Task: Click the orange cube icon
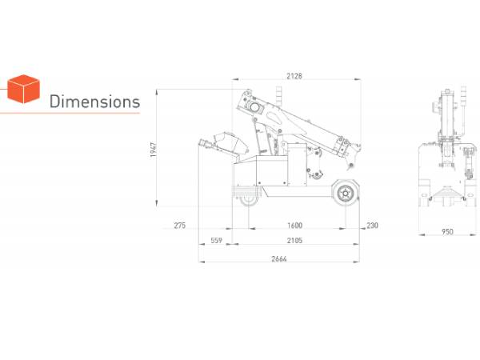tap(23, 89)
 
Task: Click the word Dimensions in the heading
tap(94, 102)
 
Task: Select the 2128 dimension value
tap(294, 76)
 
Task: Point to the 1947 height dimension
tap(154, 150)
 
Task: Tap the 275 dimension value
tap(180, 226)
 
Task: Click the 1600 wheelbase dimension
tap(294, 226)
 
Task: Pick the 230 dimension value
tap(372, 226)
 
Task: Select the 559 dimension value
tap(216, 241)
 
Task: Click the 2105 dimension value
tap(294, 241)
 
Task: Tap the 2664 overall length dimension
tap(279, 259)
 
